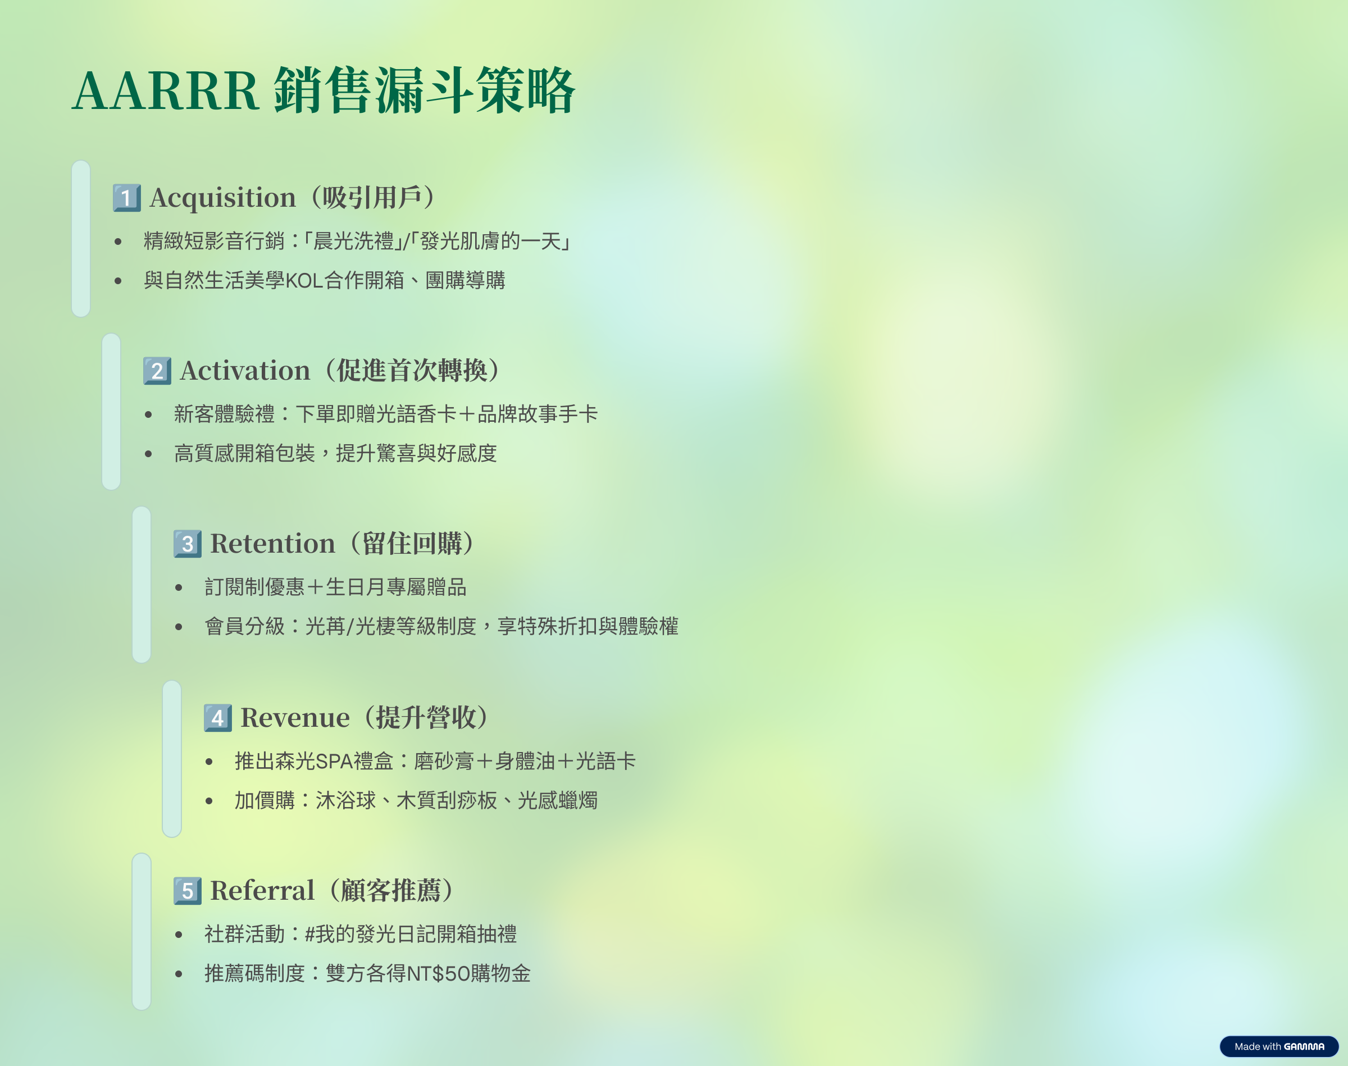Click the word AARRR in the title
tap(165, 91)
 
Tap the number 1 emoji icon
tap(127, 198)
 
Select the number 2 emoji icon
tap(157, 371)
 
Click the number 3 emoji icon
tap(187, 544)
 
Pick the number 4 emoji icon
tap(218, 718)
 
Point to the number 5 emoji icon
tap(187, 891)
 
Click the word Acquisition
tap(223, 198)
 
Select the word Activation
tap(245, 371)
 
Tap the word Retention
tap(273, 544)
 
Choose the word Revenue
tap(295, 718)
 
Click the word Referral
tap(262, 891)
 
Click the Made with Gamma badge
tap(1279, 1046)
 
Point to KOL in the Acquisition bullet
tap(304, 281)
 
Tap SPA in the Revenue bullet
tap(334, 762)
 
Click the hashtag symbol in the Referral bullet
tap(310, 935)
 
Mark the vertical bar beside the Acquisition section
tap(81, 238)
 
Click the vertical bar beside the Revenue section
tap(172, 758)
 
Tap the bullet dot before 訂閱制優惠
tap(179, 587)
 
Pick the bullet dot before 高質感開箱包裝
tap(148, 454)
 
